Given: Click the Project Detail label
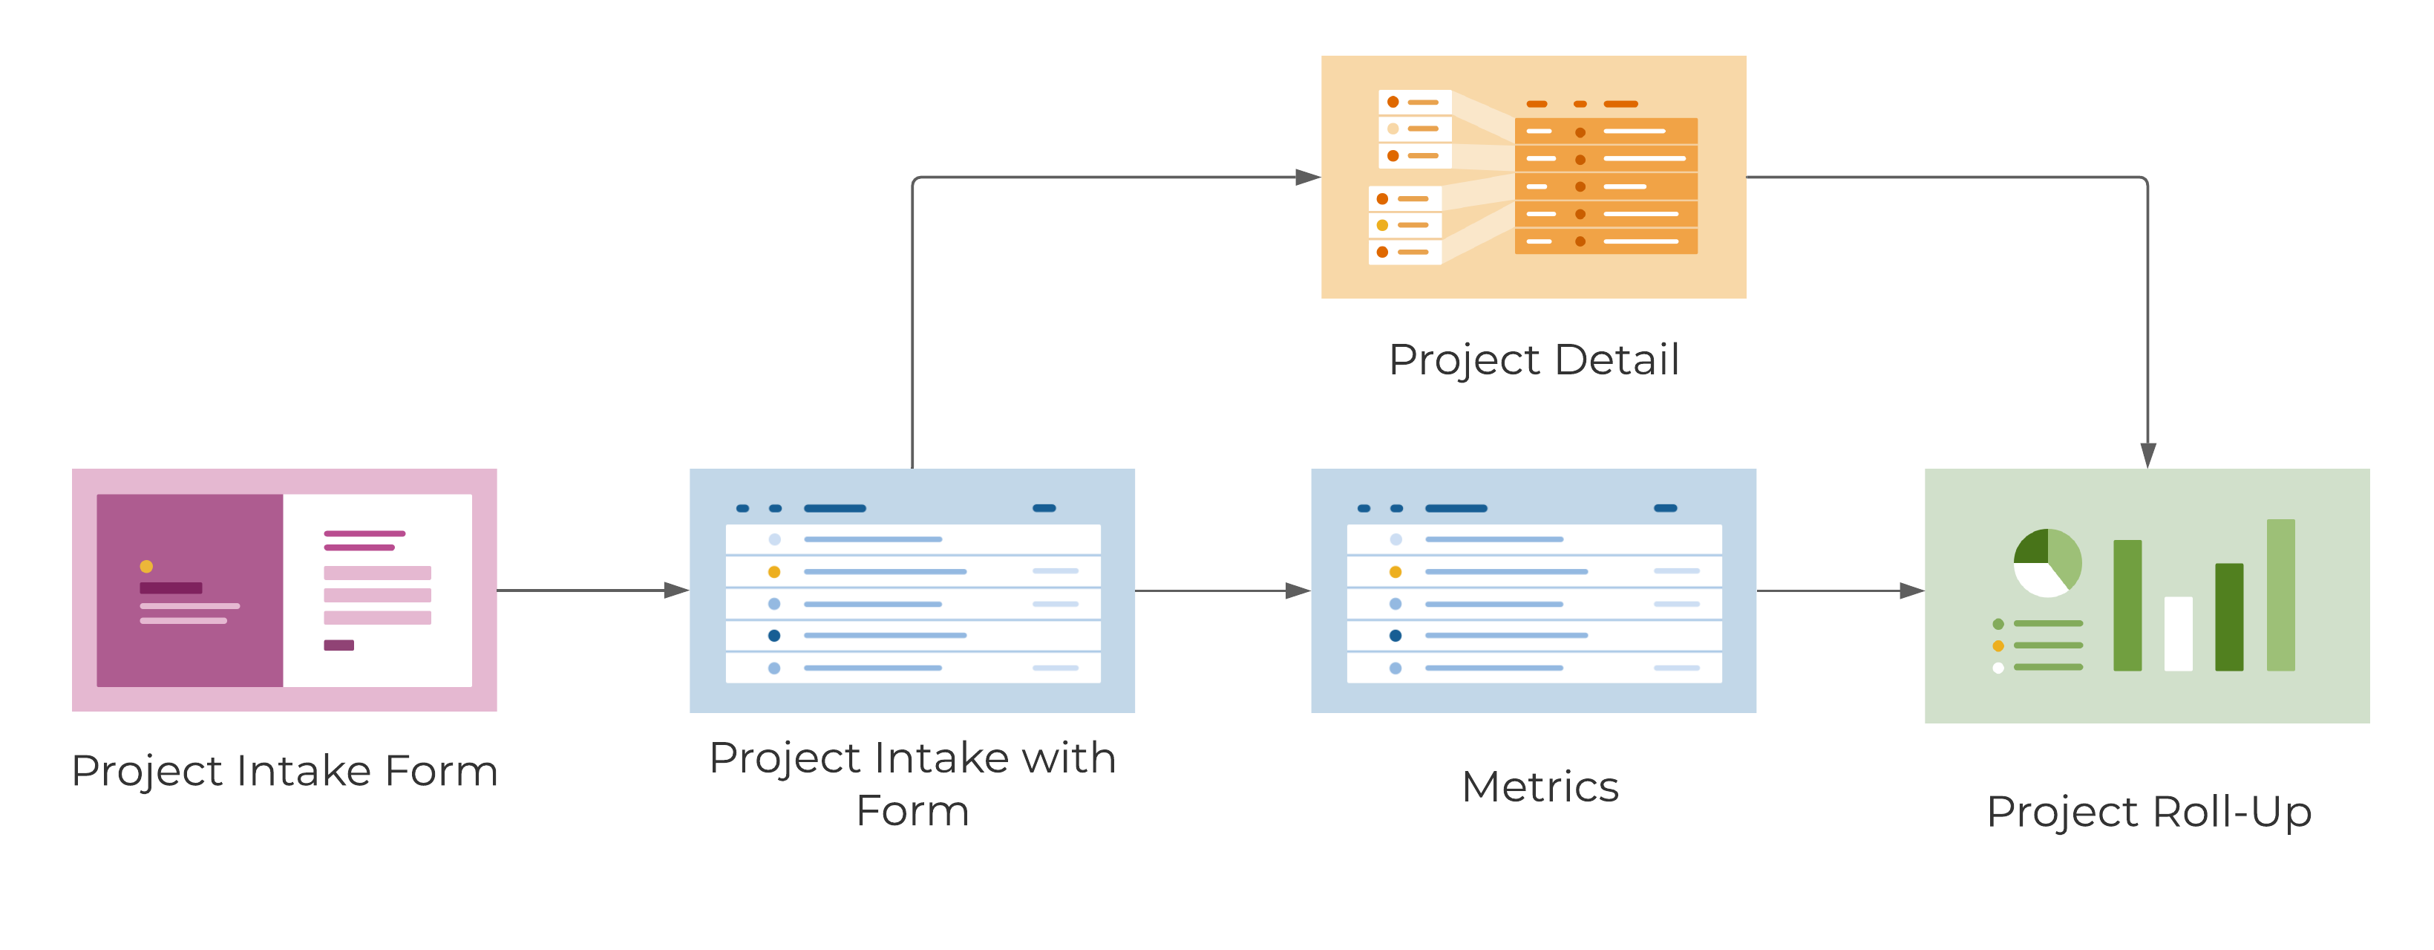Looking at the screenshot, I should pyautogui.click(x=1534, y=360).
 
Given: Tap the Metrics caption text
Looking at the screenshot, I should pyautogui.click(x=1540, y=787).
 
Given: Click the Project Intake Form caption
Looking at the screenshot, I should pyautogui.click(x=284, y=770).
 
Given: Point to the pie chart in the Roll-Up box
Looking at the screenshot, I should pyautogui.click(x=2047, y=562).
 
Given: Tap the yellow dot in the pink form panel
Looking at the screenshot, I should pyautogui.click(x=146, y=566).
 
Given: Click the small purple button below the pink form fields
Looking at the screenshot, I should pyautogui.click(x=338, y=645).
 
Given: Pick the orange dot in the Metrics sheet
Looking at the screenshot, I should pyautogui.click(x=1395, y=572).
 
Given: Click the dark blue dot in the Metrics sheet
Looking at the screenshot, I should pyautogui.click(x=1395, y=635).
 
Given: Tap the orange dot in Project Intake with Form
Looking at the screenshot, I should pyautogui.click(x=774, y=572).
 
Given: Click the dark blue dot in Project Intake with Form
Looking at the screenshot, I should pyautogui.click(x=774, y=635).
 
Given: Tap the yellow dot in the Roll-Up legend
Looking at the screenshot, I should pyautogui.click(x=1998, y=645).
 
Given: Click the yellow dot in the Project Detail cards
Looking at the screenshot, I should pyautogui.click(x=1381, y=225).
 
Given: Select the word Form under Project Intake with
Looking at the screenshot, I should pyautogui.click(x=912, y=812).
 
